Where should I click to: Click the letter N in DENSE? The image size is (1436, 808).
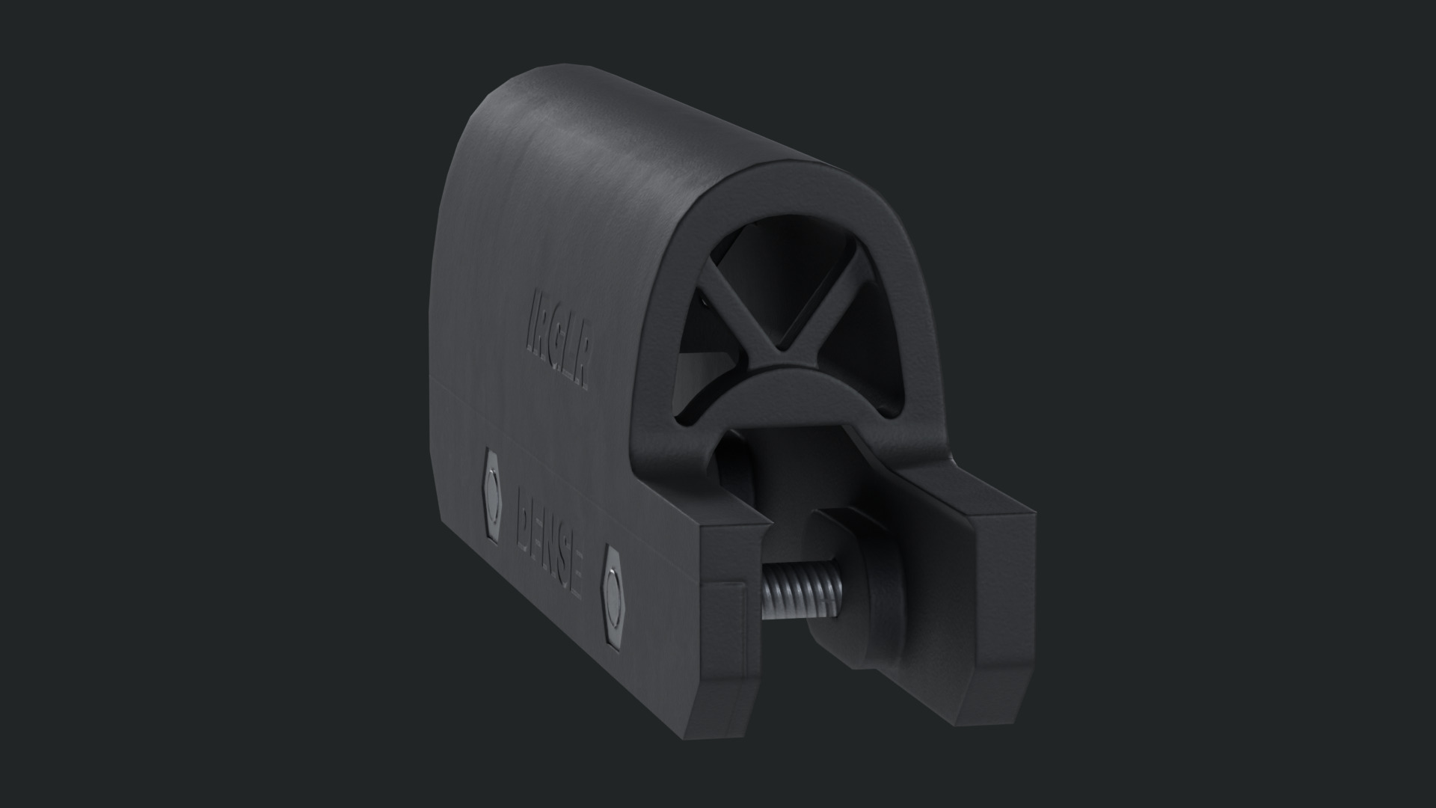(550, 550)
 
